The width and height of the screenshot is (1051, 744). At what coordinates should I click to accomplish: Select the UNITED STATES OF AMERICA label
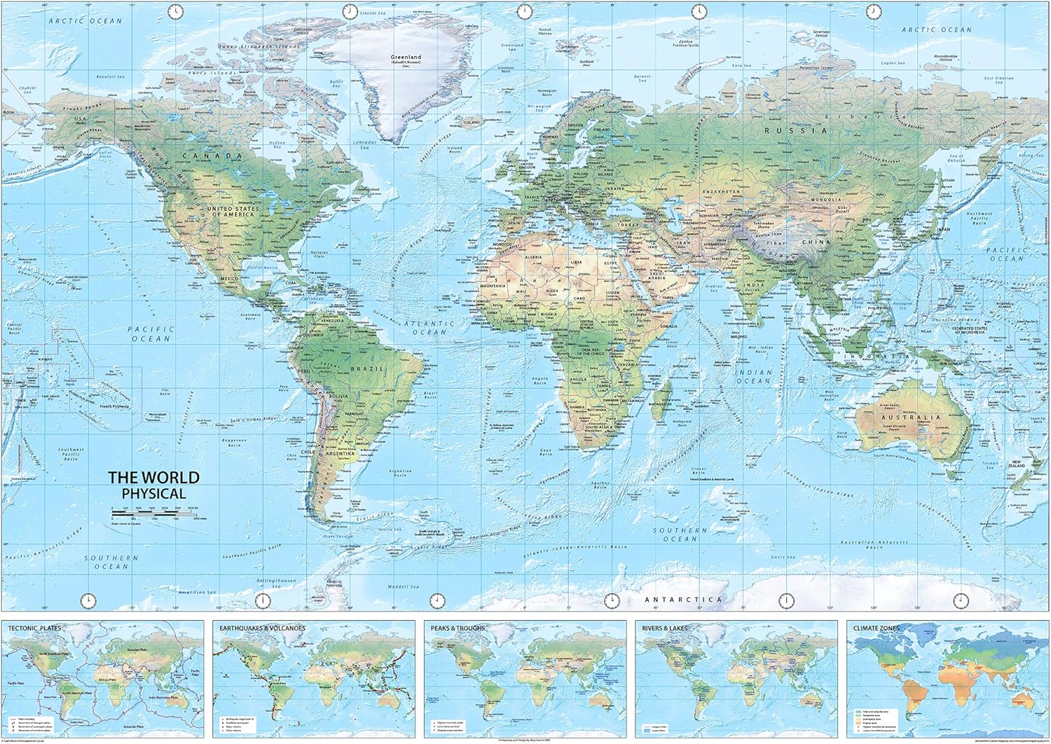[x=232, y=211]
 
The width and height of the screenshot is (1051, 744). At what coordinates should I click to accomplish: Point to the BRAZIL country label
[x=371, y=368]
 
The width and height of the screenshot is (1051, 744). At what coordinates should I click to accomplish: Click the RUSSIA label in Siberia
[x=785, y=130]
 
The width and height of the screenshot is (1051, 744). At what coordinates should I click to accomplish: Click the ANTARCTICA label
[x=682, y=600]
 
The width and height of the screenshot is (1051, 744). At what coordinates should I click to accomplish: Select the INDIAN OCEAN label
[x=753, y=377]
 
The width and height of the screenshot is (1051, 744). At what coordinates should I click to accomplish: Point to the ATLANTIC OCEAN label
[x=429, y=328]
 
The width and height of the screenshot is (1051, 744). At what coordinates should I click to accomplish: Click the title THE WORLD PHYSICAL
[x=153, y=485]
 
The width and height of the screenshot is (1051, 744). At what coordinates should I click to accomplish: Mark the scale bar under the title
[x=154, y=514]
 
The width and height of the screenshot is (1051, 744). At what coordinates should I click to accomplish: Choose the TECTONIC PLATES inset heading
[x=34, y=628]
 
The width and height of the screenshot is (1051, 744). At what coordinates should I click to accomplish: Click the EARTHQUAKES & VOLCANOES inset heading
[x=262, y=628]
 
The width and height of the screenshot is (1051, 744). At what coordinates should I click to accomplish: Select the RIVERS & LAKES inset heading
[x=664, y=628]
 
